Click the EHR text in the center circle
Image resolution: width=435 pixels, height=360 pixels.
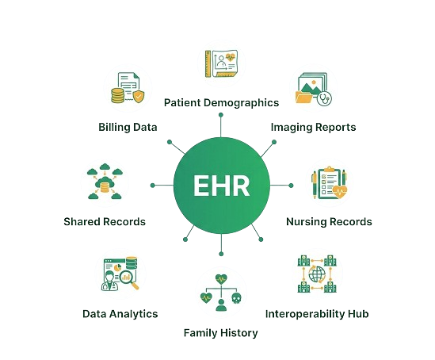pos(221,186)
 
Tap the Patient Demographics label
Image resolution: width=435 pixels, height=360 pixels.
pos(221,103)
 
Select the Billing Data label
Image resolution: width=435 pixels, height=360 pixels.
pos(128,127)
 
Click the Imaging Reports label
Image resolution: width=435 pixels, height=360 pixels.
pos(313,127)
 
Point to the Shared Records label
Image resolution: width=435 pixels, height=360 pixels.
pos(105,221)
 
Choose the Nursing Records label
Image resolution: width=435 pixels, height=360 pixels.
pos(329,221)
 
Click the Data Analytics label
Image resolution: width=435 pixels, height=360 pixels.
pos(120,314)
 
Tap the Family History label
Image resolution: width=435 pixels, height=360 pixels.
pos(221,332)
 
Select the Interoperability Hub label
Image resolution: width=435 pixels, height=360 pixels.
pos(317,314)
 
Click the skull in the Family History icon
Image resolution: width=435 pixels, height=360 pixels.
pos(236,298)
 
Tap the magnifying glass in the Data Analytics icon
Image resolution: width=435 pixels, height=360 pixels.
pos(129,279)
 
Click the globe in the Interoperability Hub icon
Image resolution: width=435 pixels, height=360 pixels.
pos(317,274)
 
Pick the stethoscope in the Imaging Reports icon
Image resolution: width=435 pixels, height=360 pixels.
pos(324,98)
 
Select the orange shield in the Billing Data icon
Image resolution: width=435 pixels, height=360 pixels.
pos(139,96)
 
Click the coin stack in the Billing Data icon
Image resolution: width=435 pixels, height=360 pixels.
pos(117,95)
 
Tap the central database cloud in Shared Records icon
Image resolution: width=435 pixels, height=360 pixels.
pos(105,184)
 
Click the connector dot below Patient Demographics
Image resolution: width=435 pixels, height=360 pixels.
pos(221,115)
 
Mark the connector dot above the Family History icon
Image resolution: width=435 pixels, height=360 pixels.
pos(221,254)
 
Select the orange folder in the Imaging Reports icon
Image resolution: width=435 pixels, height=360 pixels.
pos(304,98)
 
